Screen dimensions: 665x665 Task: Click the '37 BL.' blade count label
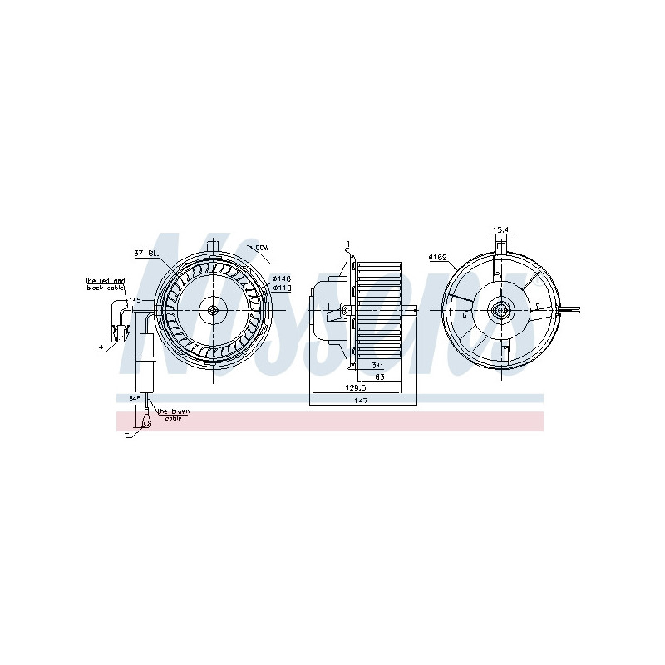[x=145, y=253]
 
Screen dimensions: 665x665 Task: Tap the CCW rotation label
[x=263, y=248]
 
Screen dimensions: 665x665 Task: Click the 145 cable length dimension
[x=135, y=299]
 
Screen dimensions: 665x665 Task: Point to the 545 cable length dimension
[x=135, y=399]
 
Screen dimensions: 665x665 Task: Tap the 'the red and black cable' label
[x=106, y=285]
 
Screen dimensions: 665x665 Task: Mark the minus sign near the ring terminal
[x=126, y=434]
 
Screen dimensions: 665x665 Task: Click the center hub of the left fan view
[x=214, y=310]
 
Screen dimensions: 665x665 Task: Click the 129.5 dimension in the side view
[x=355, y=387]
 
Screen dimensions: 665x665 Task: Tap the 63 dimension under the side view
[x=379, y=376]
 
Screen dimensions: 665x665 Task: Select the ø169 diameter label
[x=437, y=257]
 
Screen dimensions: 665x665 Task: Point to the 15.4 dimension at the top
[x=500, y=229]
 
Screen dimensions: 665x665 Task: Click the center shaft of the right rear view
[x=501, y=311]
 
